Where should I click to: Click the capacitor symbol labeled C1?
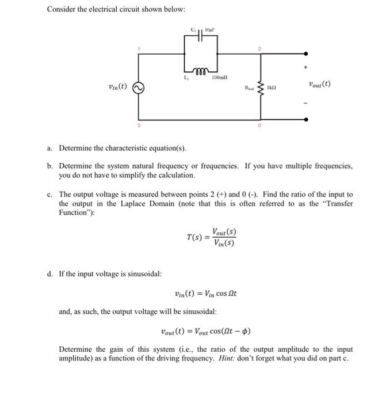[200, 36]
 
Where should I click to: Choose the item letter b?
[50, 166]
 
